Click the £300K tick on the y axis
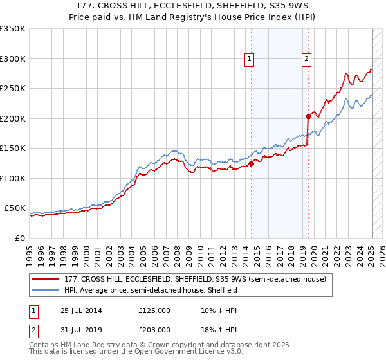tap(13, 59)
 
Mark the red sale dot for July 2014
tap(252, 163)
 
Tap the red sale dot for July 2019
tap(308, 116)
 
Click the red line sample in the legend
tap(46, 279)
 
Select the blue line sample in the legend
tap(46, 290)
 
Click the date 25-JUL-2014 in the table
tap(78, 310)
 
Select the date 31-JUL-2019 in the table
tap(78, 330)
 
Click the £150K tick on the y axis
tap(13, 148)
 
